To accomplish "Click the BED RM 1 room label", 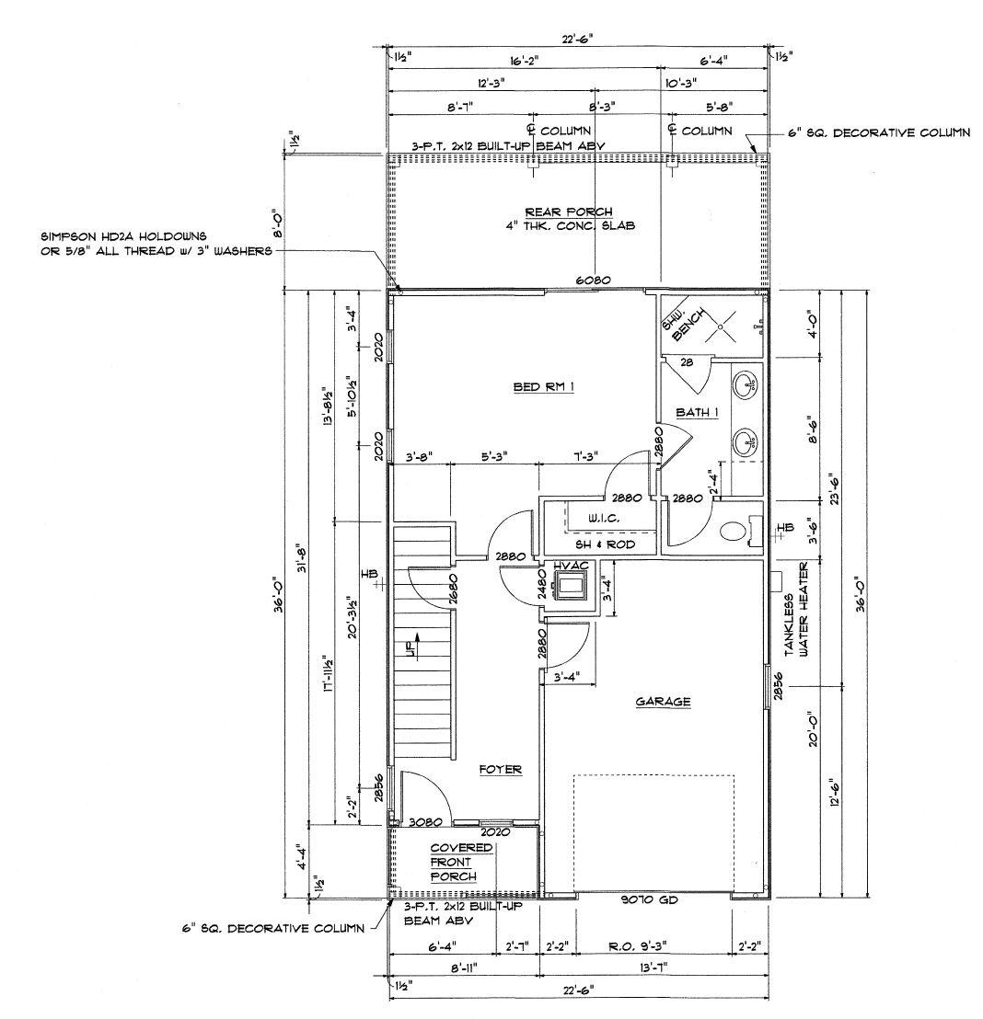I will [x=543, y=387].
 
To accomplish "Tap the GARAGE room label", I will [x=663, y=702].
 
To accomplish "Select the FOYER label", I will [x=500, y=769].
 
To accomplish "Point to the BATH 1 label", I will [x=695, y=412].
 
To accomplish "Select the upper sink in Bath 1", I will [x=746, y=384].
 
